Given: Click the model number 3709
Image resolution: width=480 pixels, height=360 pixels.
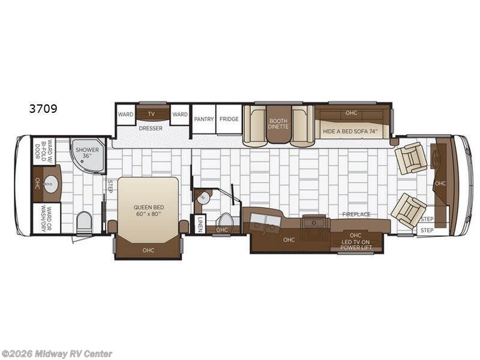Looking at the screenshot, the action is (43, 109).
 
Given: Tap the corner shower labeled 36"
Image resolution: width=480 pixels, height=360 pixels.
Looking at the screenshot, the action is (88, 155).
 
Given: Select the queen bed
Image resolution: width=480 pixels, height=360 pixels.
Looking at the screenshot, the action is (148, 210).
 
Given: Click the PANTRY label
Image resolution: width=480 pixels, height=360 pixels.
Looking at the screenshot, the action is (204, 119).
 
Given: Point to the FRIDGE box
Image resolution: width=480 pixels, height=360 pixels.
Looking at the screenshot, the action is (229, 119).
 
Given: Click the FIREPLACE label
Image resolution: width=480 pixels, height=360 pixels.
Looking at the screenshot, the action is (356, 214).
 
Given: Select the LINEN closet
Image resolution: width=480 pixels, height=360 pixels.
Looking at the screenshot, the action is (200, 224).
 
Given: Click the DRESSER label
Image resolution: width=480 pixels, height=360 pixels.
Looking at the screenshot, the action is (151, 128).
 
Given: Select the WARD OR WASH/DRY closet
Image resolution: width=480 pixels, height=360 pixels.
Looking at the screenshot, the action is (47, 218).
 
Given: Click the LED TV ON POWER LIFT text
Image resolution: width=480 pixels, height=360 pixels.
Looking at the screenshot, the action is (356, 245).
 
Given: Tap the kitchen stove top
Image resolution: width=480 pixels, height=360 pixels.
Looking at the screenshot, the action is (314, 221).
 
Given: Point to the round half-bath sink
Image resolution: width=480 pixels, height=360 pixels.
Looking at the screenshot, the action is (203, 197).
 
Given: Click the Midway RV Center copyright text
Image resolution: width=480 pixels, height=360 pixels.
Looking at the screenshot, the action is (56, 354).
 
